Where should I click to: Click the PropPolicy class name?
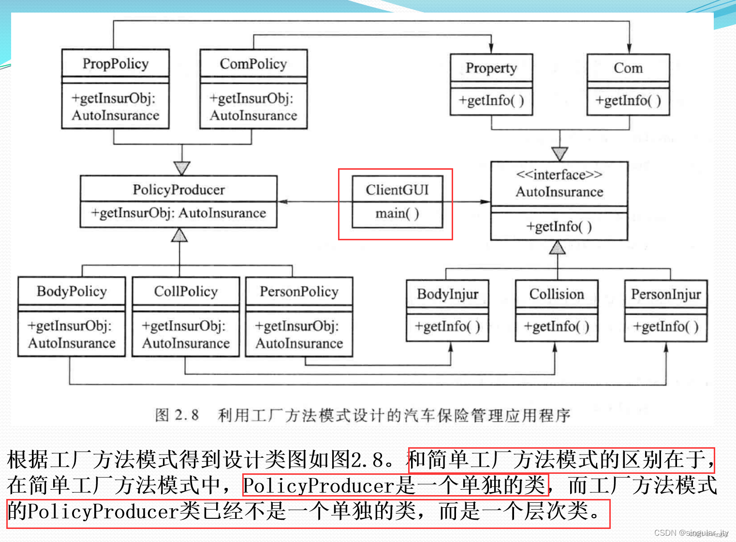tap(116, 64)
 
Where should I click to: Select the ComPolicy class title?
tap(253, 64)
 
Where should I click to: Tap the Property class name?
tap(491, 68)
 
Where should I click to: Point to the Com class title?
tap(628, 68)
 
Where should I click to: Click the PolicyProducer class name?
tap(178, 190)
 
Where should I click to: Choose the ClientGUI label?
tap(397, 190)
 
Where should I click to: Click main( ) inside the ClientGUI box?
tap(397, 213)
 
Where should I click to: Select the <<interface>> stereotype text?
tap(559, 175)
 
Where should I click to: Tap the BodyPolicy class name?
tap(72, 292)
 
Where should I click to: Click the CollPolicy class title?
tap(186, 292)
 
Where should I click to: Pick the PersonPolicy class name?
tap(299, 292)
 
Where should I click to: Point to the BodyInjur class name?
tap(447, 294)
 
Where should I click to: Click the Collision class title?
tap(557, 294)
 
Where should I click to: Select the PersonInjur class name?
tap(665, 294)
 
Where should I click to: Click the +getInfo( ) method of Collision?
tap(557, 327)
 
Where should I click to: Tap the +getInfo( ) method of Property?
tap(491, 101)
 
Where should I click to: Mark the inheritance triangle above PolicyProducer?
tap(182, 168)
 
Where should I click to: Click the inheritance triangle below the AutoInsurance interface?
tap(558, 247)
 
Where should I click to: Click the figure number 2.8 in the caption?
tap(187, 415)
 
